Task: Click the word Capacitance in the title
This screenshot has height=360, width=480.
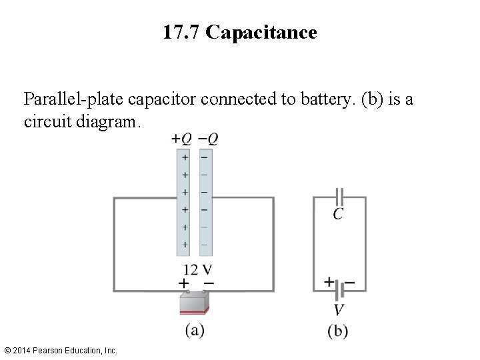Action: coord(261,33)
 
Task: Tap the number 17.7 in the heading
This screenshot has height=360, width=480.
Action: coord(181,33)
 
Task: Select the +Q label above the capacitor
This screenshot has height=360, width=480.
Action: coord(181,139)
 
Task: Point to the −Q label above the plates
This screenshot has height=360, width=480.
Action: coord(208,139)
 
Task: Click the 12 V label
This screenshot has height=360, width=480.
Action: coord(198,270)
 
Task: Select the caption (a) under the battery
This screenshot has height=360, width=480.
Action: coord(195,330)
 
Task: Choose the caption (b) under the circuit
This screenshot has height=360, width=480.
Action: coord(339,331)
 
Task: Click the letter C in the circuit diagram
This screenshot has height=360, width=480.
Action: coord(339,214)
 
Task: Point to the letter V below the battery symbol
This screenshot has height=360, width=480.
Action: coord(339,310)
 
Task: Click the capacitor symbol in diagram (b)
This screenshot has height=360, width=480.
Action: coord(339,197)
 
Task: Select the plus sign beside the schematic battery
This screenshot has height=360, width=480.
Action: coord(329,282)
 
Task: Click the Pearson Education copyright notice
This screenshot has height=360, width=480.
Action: coord(60,350)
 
